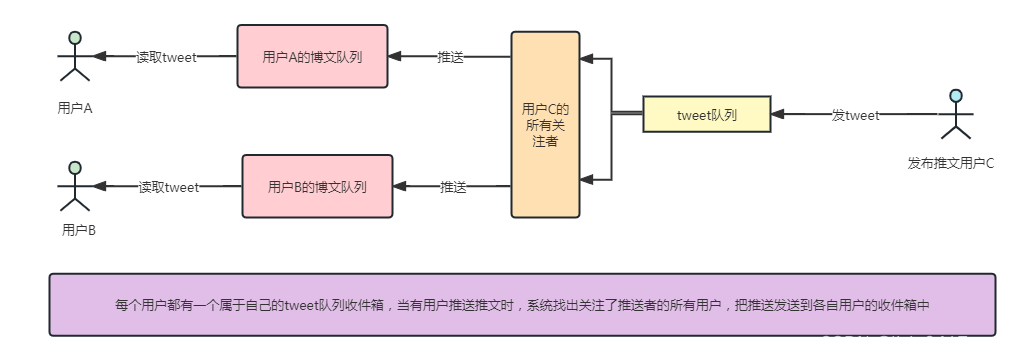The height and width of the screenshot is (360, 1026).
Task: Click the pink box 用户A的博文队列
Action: click(x=313, y=57)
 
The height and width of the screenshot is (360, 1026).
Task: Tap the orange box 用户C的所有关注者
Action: click(x=545, y=125)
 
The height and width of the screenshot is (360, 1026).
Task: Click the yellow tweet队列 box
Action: click(x=707, y=115)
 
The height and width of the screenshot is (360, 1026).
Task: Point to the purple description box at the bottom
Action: click(x=522, y=305)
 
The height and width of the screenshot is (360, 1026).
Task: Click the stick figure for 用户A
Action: click(x=73, y=60)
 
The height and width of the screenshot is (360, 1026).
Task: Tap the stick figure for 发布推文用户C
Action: click(x=956, y=117)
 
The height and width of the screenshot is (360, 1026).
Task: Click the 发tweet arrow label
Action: click(x=856, y=115)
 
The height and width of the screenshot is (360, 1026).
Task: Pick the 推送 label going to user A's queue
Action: click(x=451, y=57)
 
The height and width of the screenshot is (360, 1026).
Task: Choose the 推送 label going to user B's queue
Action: click(x=453, y=186)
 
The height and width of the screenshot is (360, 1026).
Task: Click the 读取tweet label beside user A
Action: click(x=166, y=57)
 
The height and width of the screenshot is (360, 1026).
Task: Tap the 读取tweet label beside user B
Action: click(x=169, y=186)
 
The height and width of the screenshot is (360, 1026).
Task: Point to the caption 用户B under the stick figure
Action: click(x=78, y=230)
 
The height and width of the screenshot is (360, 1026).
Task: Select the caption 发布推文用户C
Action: click(x=951, y=163)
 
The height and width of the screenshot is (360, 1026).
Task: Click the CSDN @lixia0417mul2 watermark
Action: click(x=914, y=342)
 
